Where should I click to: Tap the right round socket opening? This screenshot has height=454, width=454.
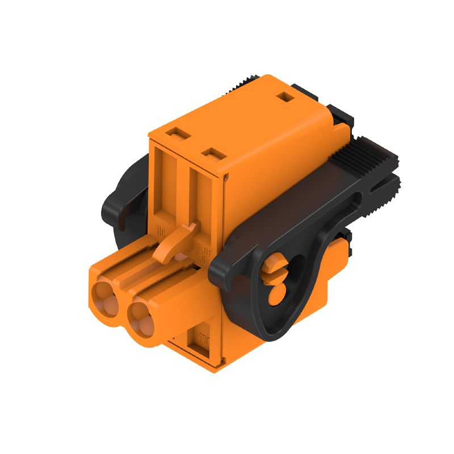[142, 316]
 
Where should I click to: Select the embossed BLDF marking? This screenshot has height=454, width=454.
[202, 250]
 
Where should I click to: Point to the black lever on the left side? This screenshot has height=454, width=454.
[122, 196]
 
